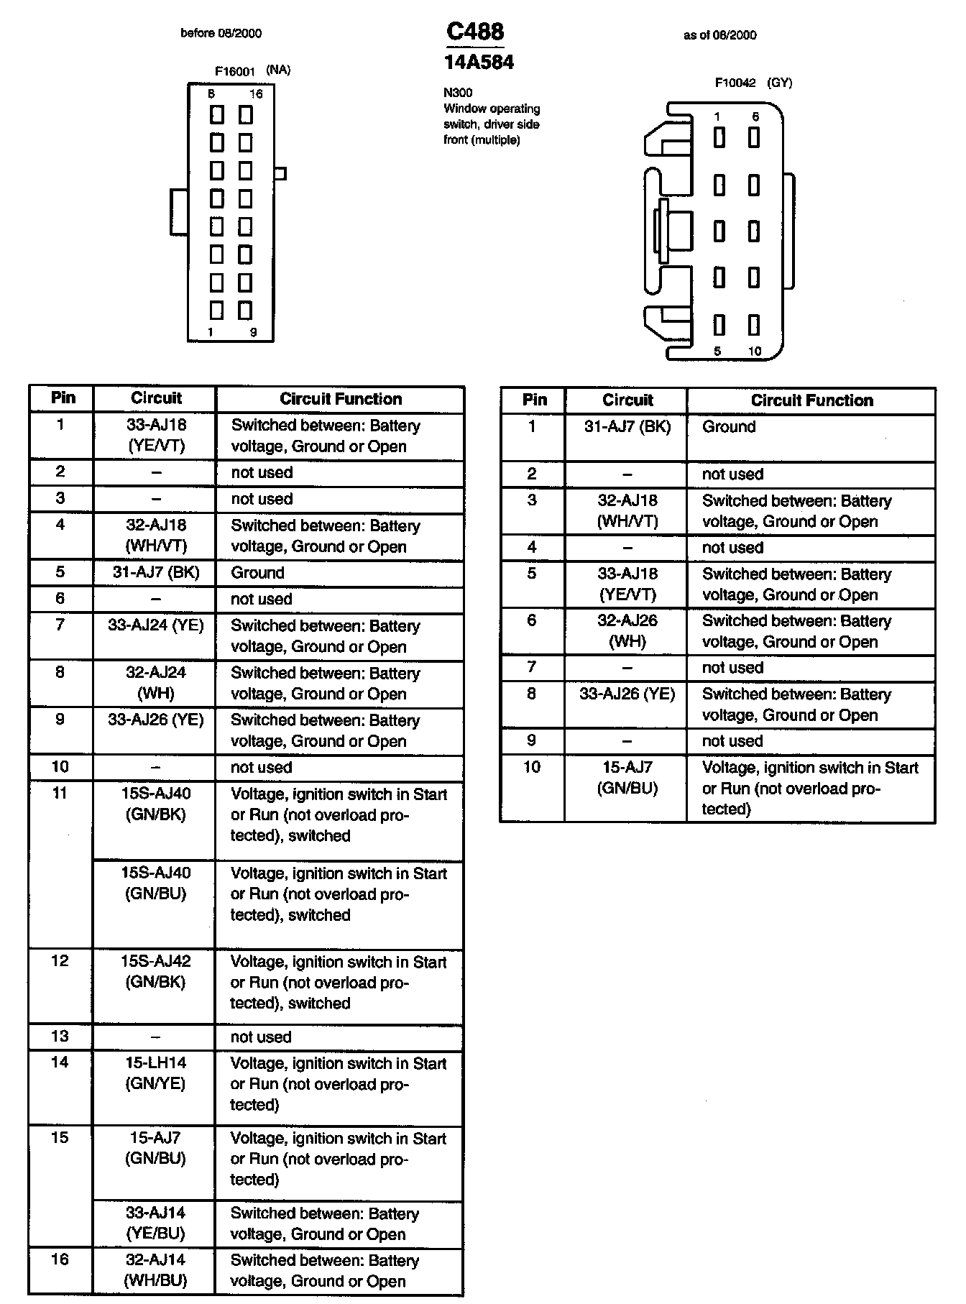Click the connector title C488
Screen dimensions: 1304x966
(x=475, y=32)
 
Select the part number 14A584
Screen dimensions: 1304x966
(x=479, y=63)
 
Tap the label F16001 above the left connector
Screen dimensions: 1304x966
(x=235, y=71)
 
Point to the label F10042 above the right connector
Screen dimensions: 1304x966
(x=735, y=83)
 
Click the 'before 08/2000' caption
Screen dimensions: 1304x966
(x=221, y=33)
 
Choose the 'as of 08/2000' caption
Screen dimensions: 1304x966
(x=719, y=35)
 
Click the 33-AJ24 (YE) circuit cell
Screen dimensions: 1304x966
(x=156, y=626)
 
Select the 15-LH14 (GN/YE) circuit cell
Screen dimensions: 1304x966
(x=156, y=1073)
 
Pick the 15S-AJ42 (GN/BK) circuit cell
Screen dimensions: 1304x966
(x=156, y=972)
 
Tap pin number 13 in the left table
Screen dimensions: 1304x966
(x=60, y=1037)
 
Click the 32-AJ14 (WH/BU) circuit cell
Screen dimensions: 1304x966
(x=156, y=1270)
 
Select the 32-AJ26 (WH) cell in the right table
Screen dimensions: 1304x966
(x=627, y=631)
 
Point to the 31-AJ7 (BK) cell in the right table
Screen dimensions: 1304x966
(x=627, y=427)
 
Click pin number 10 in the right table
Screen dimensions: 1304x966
(x=532, y=767)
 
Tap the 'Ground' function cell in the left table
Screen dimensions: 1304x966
(x=258, y=573)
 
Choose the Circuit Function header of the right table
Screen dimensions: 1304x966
(x=811, y=400)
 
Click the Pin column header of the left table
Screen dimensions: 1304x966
(x=63, y=398)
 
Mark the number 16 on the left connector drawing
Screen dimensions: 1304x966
(x=256, y=94)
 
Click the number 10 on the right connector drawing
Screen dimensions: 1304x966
(x=755, y=352)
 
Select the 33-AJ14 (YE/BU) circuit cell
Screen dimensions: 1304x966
(x=156, y=1223)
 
